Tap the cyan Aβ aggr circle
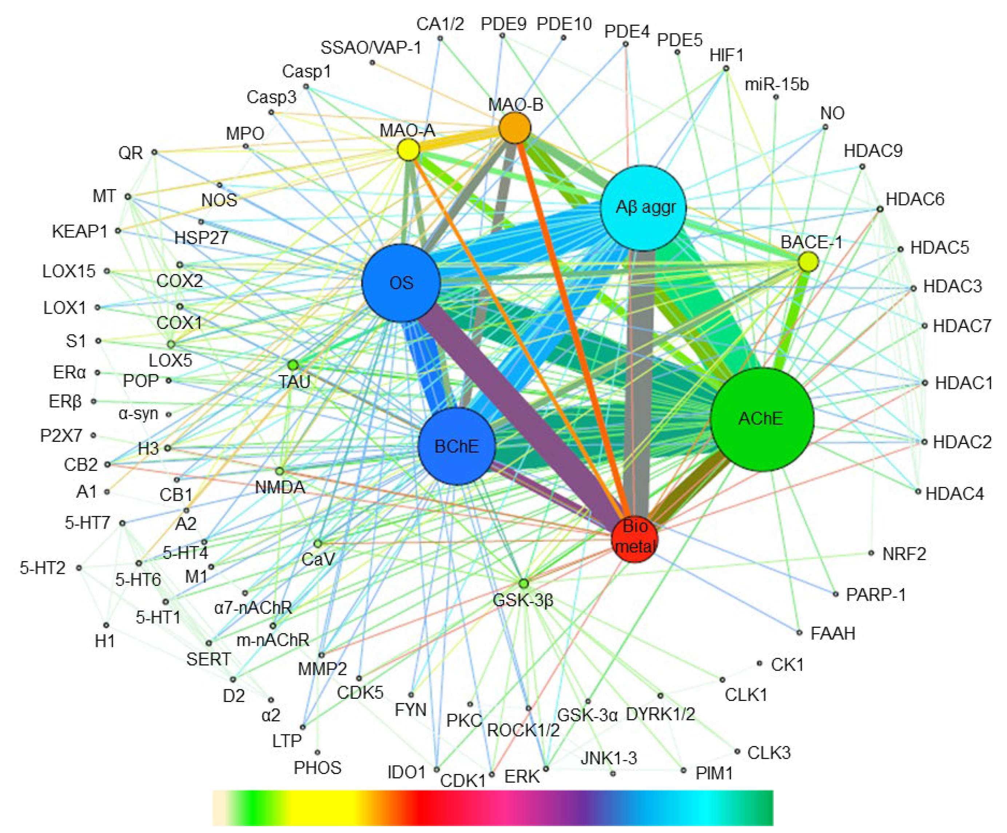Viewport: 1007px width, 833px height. click(644, 208)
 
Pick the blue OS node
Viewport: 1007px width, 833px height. click(401, 283)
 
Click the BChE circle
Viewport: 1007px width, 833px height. click(457, 447)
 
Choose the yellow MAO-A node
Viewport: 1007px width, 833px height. click(409, 150)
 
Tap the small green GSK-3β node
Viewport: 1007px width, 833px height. click(524, 583)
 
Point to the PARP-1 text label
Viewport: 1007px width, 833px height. click(876, 595)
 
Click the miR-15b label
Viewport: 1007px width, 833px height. click(777, 84)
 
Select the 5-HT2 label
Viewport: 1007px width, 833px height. click(42, 568)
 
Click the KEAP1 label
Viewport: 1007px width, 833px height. click(80, 231)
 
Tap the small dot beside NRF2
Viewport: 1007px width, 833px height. click(871, 553)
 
